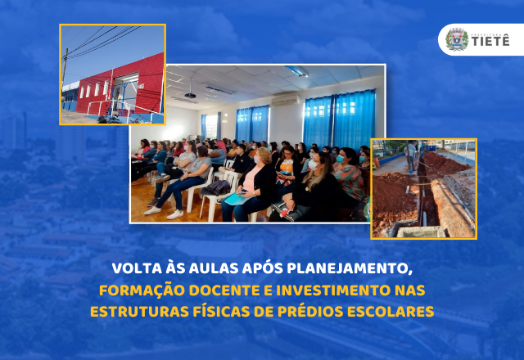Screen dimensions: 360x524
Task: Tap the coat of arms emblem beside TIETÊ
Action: click(457, 39)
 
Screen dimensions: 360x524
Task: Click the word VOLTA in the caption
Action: click(135, 268)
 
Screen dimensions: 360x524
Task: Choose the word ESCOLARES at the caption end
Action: click(394, 313)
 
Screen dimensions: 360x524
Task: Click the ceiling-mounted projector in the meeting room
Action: click(190, 96)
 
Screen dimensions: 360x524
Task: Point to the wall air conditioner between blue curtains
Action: click(285, 100)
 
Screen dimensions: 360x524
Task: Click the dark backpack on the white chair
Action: click(218, 187)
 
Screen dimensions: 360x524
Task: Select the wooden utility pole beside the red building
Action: click(65, 78)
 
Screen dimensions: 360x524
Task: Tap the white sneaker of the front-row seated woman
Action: click(174, 214)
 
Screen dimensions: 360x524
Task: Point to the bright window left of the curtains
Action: click(210, 125)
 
